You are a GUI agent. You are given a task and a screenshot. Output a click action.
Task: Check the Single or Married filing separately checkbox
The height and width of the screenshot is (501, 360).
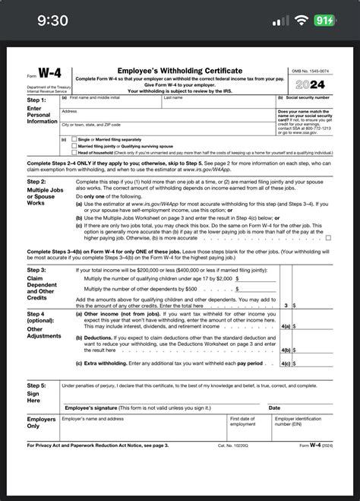pos(74,139)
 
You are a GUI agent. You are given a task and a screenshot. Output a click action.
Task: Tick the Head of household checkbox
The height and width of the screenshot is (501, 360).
pos(74,151)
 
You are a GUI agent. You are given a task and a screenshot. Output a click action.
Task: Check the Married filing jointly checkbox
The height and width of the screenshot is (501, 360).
pos(74,145)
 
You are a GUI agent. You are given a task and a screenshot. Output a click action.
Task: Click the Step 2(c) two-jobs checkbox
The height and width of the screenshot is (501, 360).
pos(328,237)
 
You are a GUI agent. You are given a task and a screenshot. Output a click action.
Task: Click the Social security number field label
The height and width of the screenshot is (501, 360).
pos(305,98)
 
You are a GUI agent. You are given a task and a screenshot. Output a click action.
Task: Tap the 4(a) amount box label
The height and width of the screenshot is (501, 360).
pos(285,325)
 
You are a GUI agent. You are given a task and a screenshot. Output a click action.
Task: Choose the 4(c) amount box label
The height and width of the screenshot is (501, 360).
pos(285,363)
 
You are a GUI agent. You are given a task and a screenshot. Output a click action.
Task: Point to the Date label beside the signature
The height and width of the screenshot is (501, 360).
pos(274,408)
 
